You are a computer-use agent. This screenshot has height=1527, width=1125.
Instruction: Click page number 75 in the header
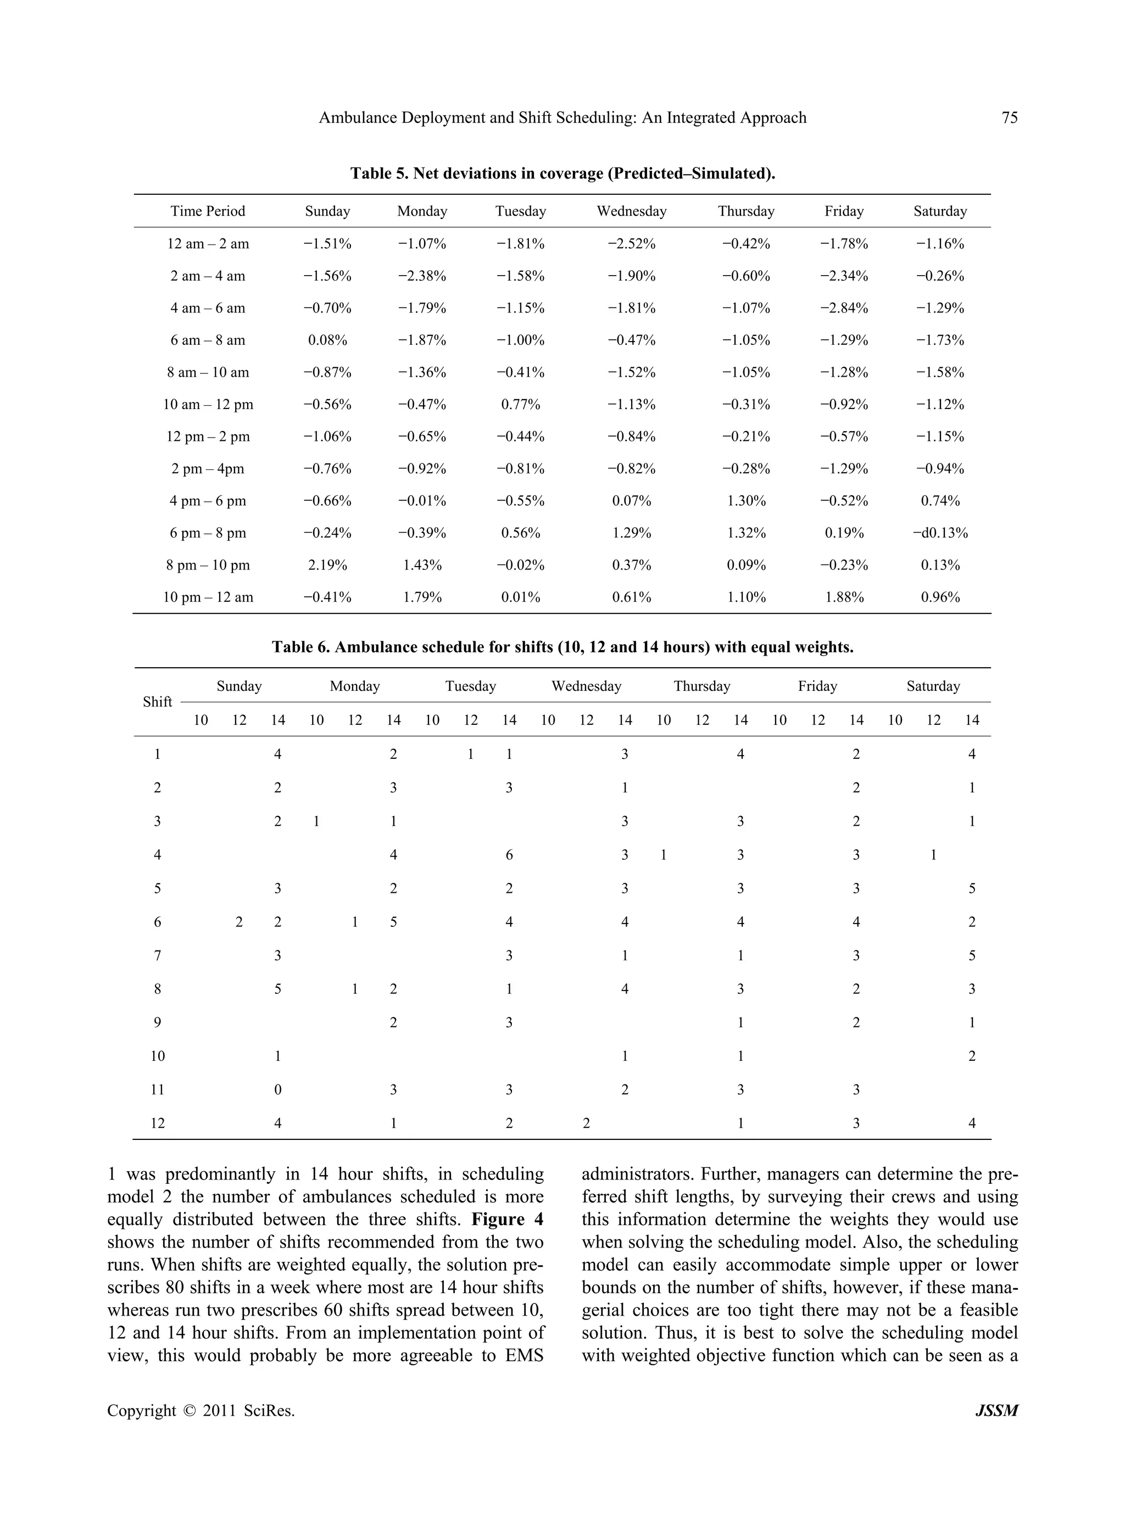pyautogui.click(x=1009, y=118)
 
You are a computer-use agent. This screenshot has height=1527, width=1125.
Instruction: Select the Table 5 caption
pyautogui.click(x=562, y=174)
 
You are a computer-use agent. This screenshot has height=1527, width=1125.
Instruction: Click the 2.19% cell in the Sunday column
pyautogui.click(x=327, y=565)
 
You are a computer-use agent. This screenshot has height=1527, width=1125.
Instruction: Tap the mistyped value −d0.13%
pyautogui.click(x=940, y=533)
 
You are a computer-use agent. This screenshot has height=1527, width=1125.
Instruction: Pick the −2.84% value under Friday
pyautogui.click(x=844, y=307)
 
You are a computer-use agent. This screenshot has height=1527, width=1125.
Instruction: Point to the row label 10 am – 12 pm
pyautogui.click(x=208, y=404)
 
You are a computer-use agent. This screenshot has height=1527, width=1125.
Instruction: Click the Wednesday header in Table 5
pyautogui.click(x=631, y=211)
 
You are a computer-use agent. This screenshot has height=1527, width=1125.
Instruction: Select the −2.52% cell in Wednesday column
pyautogui.click(x=631, y=244)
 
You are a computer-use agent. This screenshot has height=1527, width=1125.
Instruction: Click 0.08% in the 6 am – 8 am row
pyautogui.click(x=327, y=340)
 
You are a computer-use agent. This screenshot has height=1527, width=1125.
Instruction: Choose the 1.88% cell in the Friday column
pyautogui.click(x=844, y=597)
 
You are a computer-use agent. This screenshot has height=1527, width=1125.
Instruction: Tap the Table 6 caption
pyautogui.click(x=562, y=647)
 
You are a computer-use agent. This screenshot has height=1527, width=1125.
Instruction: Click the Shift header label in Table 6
pyautogui.click(x=157, y=702)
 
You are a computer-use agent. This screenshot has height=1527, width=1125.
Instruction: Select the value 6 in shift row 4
pyautogui.click(x=509, y=855)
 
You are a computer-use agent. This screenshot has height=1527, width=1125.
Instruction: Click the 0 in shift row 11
pyautogui.click(x=278, y=1090)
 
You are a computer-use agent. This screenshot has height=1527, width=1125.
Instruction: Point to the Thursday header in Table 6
pyautogui.click(x=701, y=686)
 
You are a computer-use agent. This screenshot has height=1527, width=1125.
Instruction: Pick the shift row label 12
pyautogui.click(x=157, y=1123)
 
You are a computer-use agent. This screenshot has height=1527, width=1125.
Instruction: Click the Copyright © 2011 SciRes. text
pyautogui.click(x=201, y=1411)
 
